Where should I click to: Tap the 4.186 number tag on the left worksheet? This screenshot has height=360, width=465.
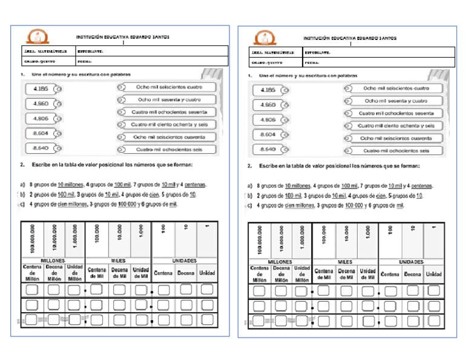pos(41,89)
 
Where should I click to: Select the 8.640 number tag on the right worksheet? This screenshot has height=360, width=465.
pos(268,149)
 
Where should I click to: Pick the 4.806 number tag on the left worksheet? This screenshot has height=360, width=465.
pos(41,119)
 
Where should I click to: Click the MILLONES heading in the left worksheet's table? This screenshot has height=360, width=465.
pos(53,260)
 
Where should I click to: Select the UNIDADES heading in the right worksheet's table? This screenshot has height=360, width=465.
pos(412,262)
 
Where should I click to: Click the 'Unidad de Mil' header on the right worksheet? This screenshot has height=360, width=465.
pos(368,275)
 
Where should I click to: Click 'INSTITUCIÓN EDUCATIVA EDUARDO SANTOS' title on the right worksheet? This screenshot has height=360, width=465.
pos(350,38)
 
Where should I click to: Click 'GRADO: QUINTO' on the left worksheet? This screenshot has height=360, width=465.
pos(40,61)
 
